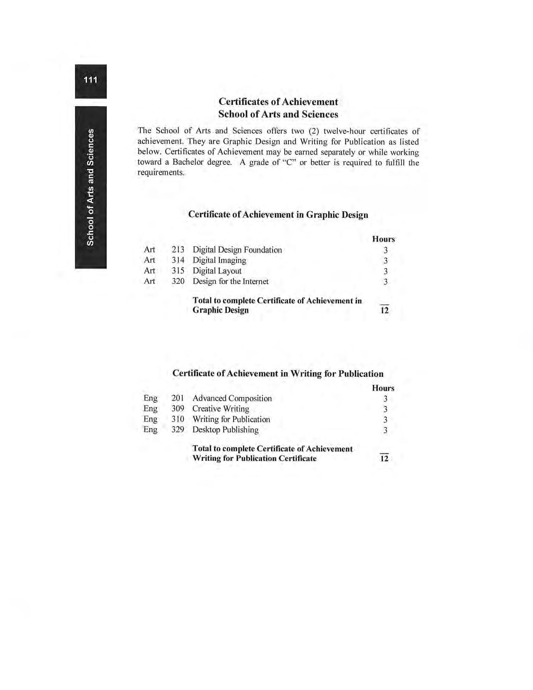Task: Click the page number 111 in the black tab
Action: click(90, 80)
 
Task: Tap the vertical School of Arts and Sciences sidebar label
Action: click(90, 187)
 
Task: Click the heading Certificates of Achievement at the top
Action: click(278, 102)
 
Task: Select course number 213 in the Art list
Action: click(178, 250)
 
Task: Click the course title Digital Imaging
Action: click(219, 261)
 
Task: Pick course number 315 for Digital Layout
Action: click(178, 271)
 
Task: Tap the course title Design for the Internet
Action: click(230, 281)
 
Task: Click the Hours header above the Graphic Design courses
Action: click(383, 239)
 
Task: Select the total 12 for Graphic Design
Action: click(384, 310)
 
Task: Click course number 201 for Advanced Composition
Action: click(178, 399)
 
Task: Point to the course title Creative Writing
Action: click(220, 409)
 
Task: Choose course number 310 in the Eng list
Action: click(178, 419)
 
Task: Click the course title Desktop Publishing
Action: click(225, 430)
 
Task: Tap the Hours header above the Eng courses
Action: click(383, 388)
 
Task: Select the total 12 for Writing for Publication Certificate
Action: click(384, 459)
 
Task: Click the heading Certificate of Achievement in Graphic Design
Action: click(278, 215)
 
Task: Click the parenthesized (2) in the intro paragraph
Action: click(313, 131)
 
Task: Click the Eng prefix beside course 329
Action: click(150, 430)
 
